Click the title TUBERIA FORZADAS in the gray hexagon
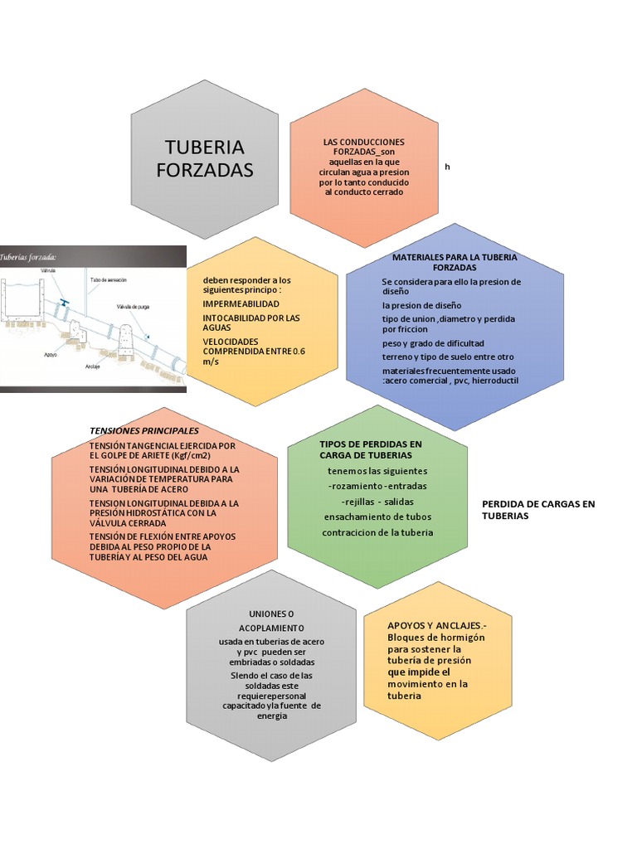click(204, 158)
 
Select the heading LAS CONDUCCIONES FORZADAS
click(363, 147)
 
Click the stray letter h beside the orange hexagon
click(447, 167)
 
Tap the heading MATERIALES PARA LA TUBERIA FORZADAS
click(454, 263)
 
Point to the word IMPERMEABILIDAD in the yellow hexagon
click(241, 304)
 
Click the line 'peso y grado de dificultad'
click(432, 342)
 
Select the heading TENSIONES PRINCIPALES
click(144, 431)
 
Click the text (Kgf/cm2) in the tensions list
click(191, 456)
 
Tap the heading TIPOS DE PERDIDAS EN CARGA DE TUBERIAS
click(370, 449)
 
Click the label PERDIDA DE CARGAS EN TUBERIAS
click(538, 510)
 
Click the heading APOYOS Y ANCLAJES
click(437, 625)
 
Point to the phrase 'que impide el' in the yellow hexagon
click(419, 672)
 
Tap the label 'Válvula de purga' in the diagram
click(133, 307)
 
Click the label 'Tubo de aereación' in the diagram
click(108, 281)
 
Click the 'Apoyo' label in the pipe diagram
click(50, 352)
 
